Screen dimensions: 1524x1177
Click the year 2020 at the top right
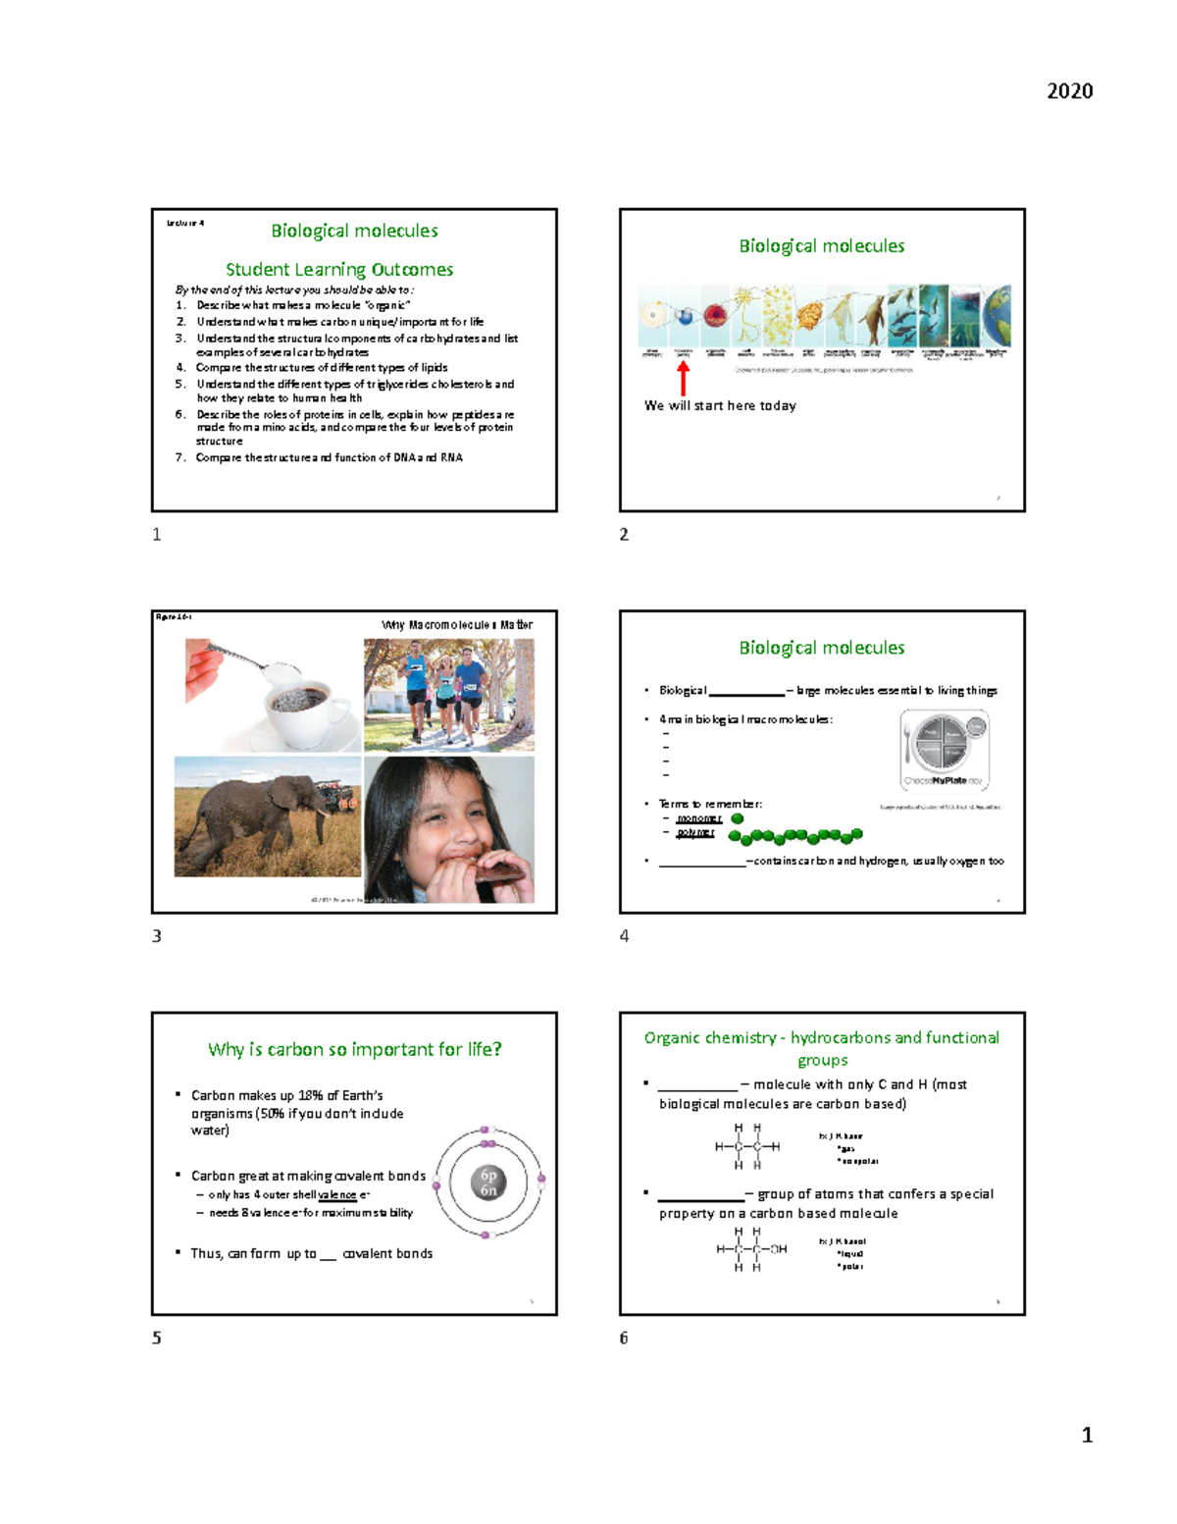click(1069, 91)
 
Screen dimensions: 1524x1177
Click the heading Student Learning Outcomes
click(338, 269)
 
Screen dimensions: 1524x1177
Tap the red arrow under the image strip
click(684, 378)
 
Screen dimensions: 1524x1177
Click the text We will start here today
click(720, 405)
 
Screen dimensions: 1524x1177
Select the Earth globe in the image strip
click(998, 316)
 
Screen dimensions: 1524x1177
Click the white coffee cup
click(304, 706)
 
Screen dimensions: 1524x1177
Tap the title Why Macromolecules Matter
click(457, 625)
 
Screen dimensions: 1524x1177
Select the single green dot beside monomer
click(738, 818)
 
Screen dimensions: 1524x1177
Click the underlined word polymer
click(695, 832)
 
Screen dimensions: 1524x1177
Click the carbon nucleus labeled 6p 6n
click(488, 1182)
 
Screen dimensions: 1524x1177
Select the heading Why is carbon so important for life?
click(354, 1049)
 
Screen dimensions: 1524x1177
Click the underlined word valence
click(337, 1195)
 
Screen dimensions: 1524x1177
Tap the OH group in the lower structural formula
click(778, 1249)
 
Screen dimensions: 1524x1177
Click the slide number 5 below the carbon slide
click(157, 1338)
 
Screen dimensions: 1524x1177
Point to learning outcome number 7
click(329, 457)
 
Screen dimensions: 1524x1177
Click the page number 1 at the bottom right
click(1086, 1435)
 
